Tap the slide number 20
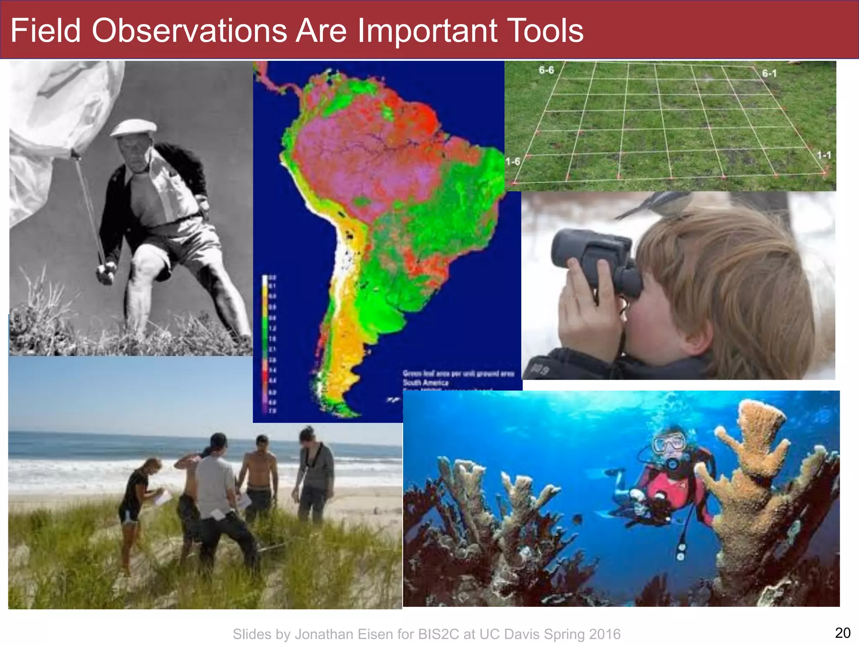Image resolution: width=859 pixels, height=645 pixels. pos(843,632)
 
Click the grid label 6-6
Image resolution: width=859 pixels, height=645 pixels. pos(546,70)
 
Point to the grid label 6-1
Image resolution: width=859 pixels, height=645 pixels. pos(769,73)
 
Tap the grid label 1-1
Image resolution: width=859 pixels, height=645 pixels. pos(824,155)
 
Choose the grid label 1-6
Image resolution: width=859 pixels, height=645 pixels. pos(513,161)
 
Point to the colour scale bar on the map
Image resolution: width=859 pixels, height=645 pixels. pos(265,344)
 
